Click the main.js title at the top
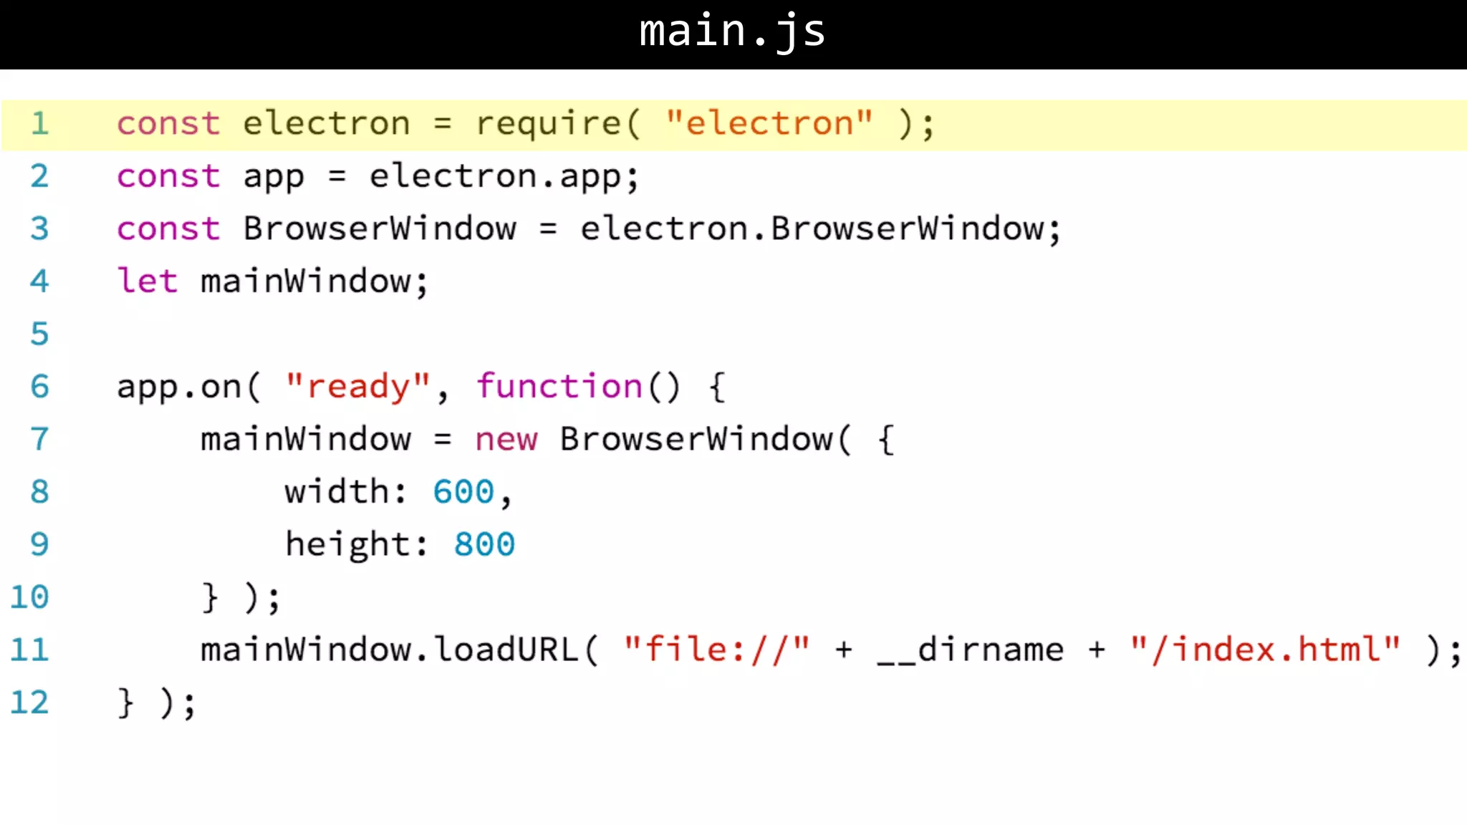(x=732, y=32)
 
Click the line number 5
(x=39, y=334)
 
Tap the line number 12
(x=29, y=703)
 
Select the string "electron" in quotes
(x=769, y=123)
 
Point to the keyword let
(x=147, y=281)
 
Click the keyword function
(x=559, y=387)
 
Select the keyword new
(x=506, y=439)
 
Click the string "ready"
(x=357, y=387)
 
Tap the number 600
(x=463, y=492)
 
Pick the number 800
(x=484, y=544)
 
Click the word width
(x=337, y=492)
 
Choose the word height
(x=347, y=544)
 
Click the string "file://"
(x=716, y=650)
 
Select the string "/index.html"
(x=1265, y=650)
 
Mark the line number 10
(x=29, y=597)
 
